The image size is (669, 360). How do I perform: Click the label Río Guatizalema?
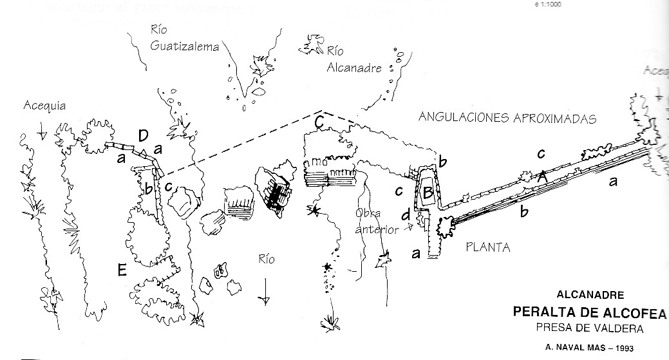click(x=185, y=38)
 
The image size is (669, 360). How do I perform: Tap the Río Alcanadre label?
click(x=354, y=59)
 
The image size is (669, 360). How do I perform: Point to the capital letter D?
click(x=144, y=135)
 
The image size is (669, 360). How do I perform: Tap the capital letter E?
click(x=122, y=270)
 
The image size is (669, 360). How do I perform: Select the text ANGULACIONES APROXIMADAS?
click(x=507, y=117)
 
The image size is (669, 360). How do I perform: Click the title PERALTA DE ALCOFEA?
click(x=589, y=312)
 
